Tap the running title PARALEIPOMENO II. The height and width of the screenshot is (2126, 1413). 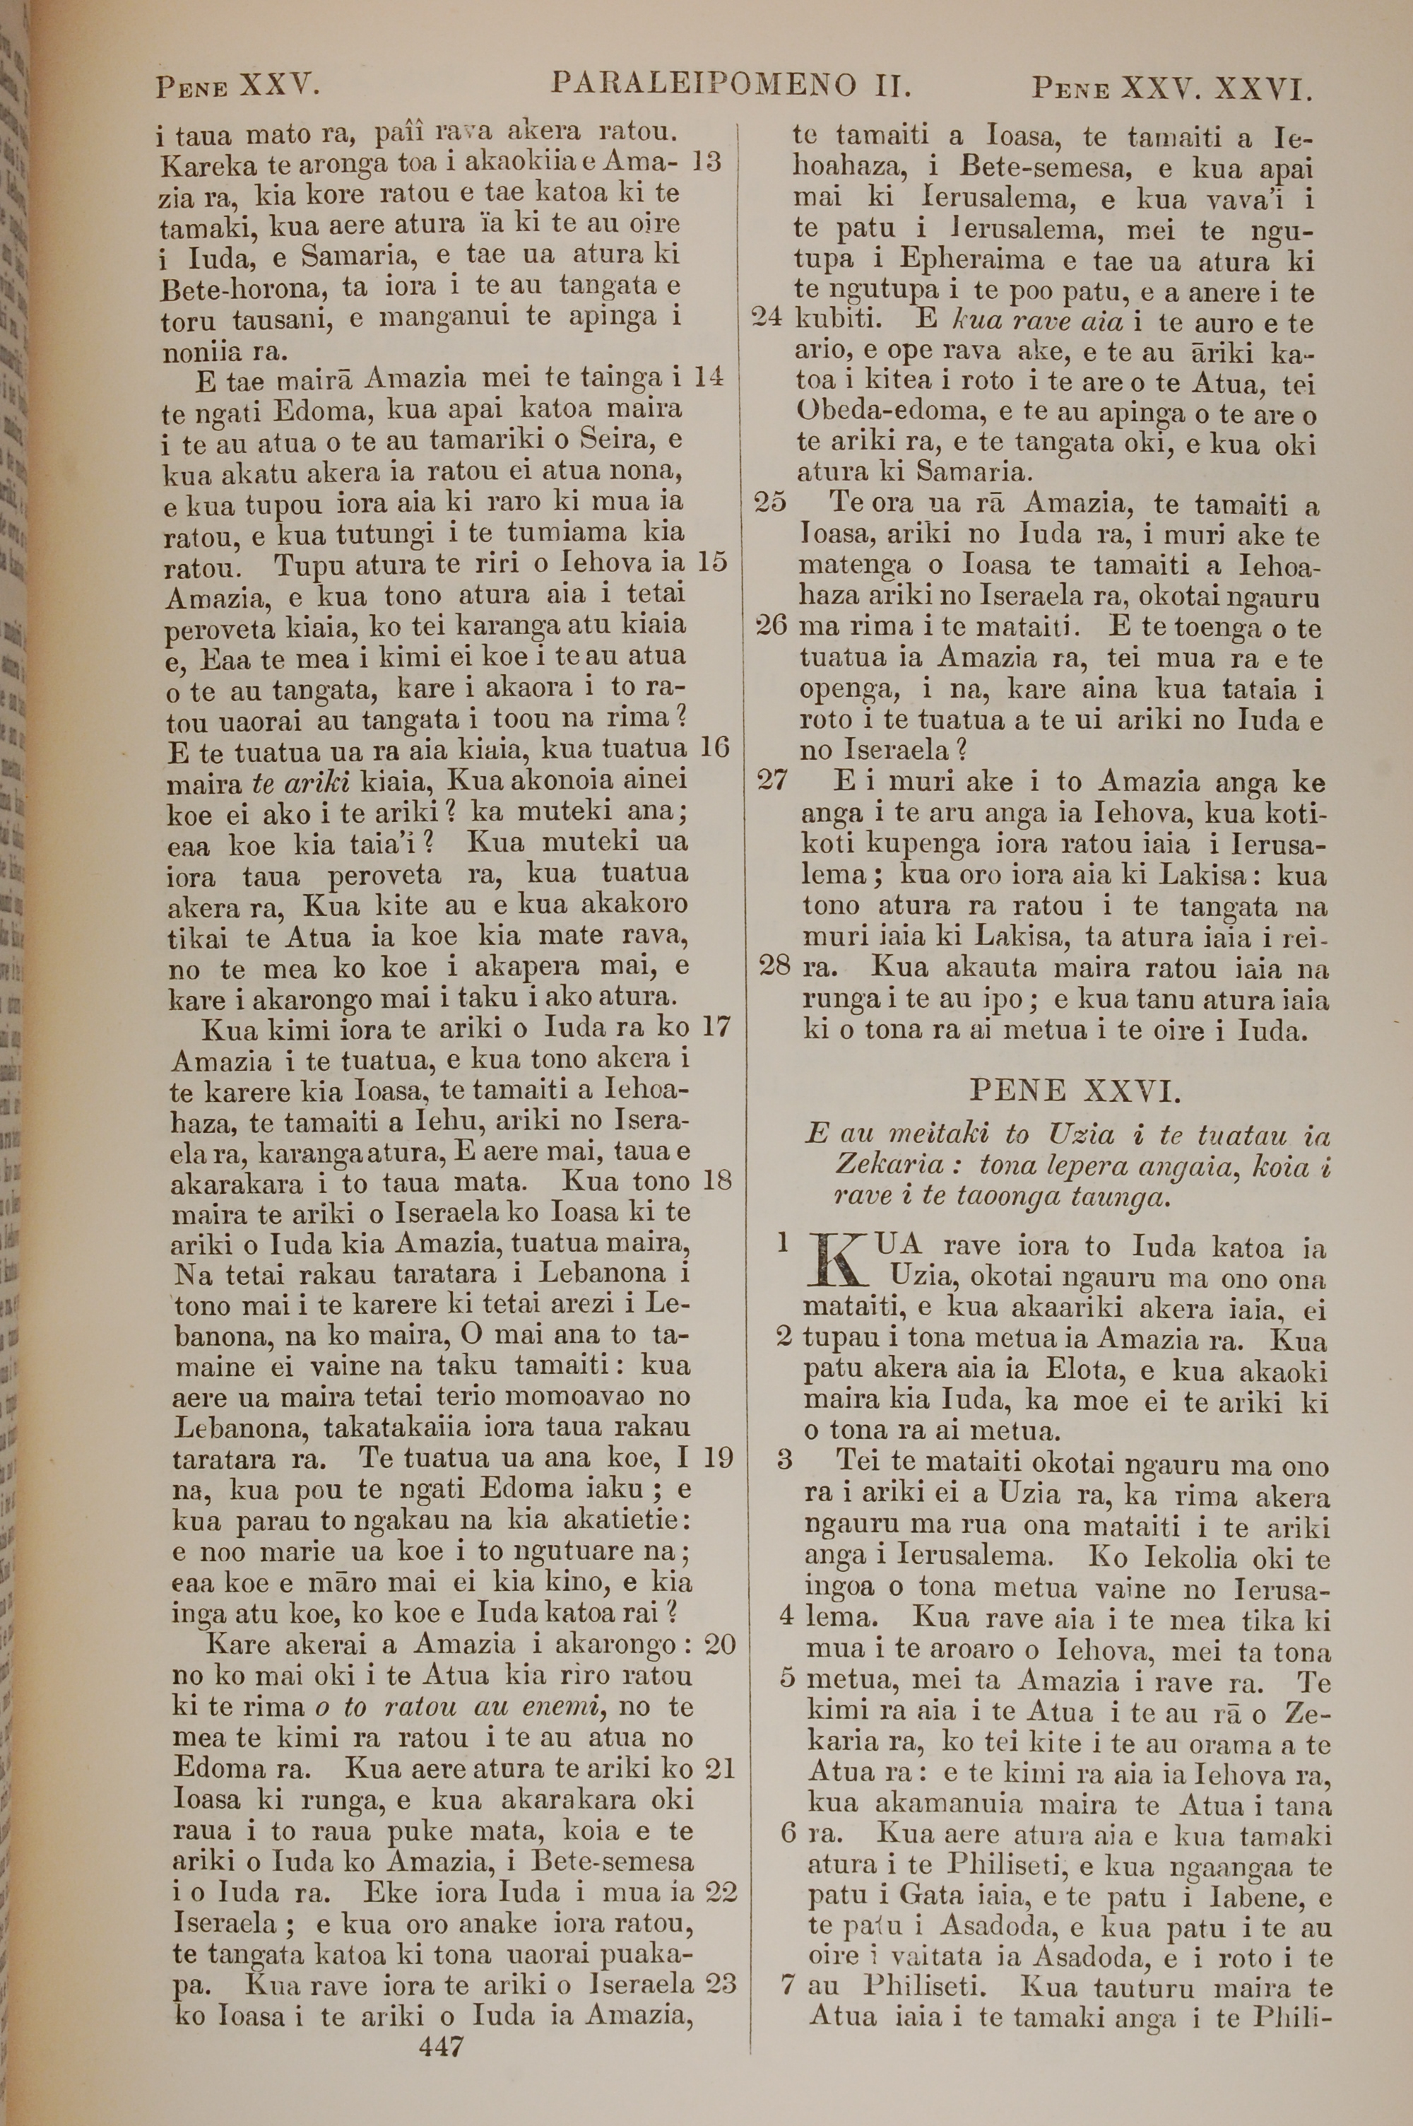tap(731, 86)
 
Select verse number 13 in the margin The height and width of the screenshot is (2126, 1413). tap(707, 163)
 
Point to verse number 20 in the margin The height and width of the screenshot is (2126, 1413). tap(719, 1645)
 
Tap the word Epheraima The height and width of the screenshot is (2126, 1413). tap(975, 261)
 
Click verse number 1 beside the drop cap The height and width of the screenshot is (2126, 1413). tap(782, 1244)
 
